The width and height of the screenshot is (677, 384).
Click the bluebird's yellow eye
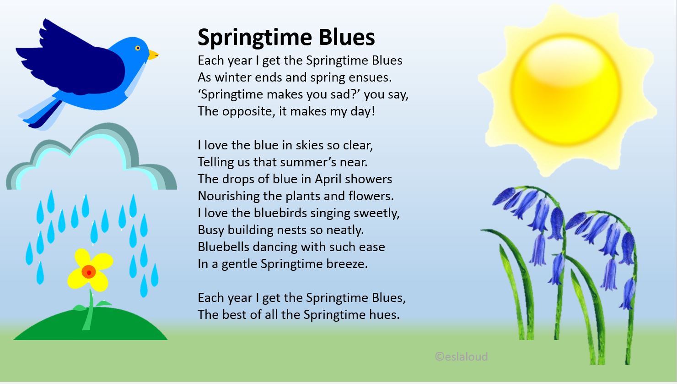pyautogui.click(x=138, y=48)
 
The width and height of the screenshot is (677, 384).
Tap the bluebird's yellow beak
pyautogui.click(x=154, y=55)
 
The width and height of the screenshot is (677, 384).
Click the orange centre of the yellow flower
pyautogui.click(x=89, y=272)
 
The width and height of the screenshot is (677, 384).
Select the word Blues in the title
pyautogui.click(x=347, y=37)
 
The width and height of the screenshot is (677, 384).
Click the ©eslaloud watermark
pyautogui.click(x=461, y=357)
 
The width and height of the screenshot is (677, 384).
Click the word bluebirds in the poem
pyautogui.click(x=280, y=213)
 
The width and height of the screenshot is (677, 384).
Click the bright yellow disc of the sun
pyautogui.click(x=565, y=90)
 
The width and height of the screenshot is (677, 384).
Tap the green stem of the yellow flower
pyautogui.click(x=90, y=309)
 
